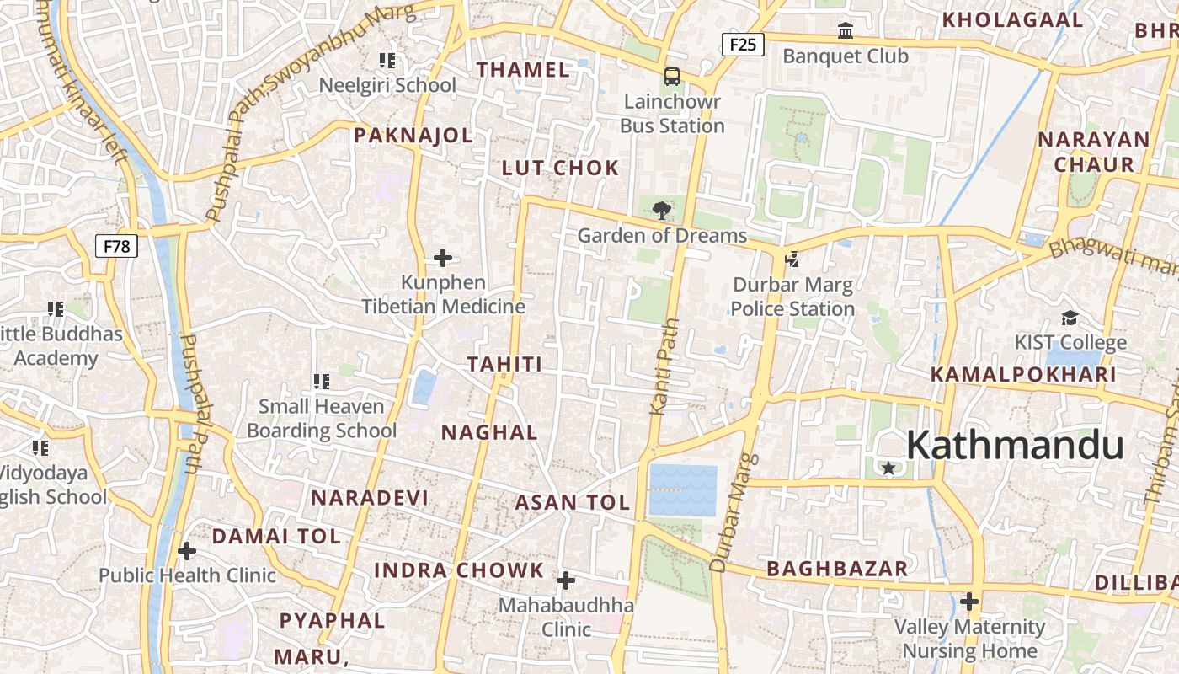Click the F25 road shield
(x=743, y=45)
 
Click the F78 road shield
(x=116, y=246)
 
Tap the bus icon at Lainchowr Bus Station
(x=672, y=77)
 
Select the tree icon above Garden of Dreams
(x=662, y=210)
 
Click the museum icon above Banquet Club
(x=846, y=31)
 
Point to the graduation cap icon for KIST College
(x=1070, y=318)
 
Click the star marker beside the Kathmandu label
(x=888, y=468)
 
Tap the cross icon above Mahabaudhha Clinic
(x=566, y=580)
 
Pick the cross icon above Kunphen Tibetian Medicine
(x=443, y=258)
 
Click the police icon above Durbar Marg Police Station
(x=792, y=259)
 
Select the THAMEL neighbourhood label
(x=524, y=70)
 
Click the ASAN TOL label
(x=573, y=503)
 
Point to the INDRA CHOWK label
(x=459, y=570)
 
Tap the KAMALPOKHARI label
(x=1023, y=374)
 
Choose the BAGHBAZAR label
(x=837, y=569)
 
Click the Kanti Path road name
(x=664, y=366)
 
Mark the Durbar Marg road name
(x=729, y=514)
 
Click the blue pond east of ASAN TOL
(x=683, y=489)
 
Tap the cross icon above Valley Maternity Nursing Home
(x=969, y=602)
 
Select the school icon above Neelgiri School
(x=387, y=61)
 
